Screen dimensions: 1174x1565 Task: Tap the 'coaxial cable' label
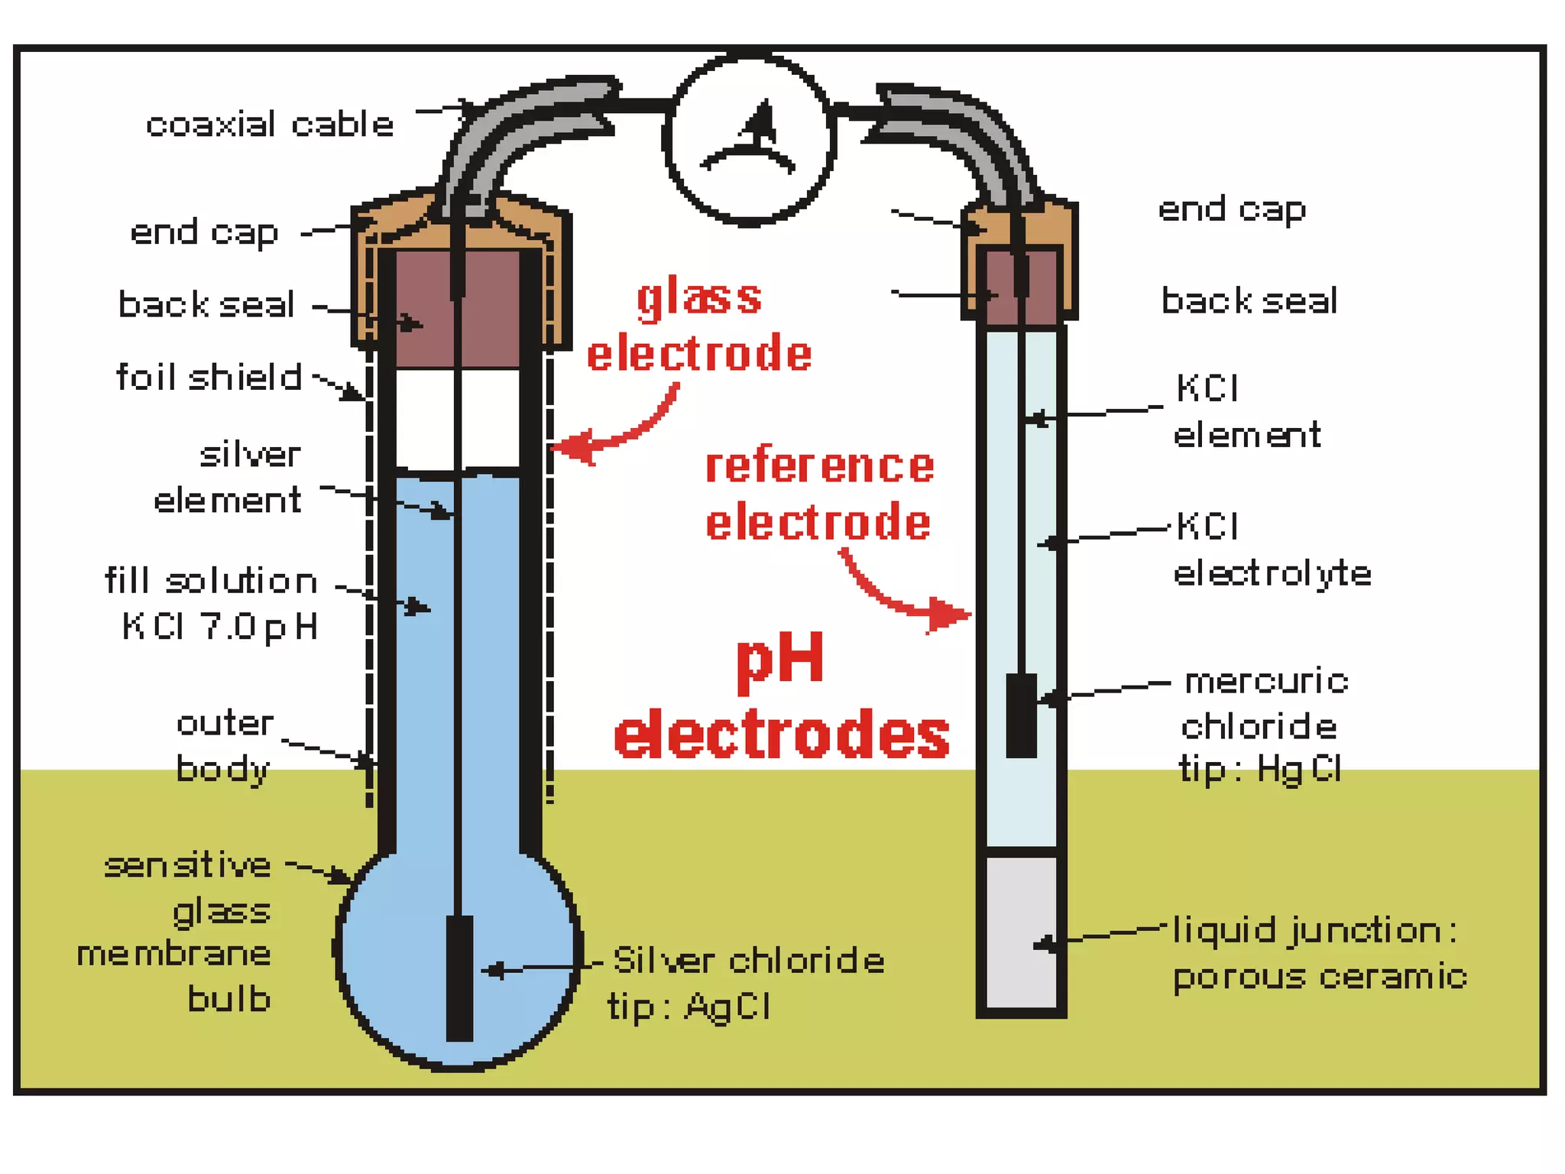pos(270,125)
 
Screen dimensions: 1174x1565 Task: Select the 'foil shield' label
pos(209,378)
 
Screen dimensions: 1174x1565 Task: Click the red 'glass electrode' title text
pos(699,326)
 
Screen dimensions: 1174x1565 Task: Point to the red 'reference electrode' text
pos(818,495)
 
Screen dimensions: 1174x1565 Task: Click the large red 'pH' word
pos(780,659)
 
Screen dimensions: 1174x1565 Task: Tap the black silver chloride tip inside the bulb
pos(459,978)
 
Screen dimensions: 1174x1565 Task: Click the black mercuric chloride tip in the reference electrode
pos(1021,715)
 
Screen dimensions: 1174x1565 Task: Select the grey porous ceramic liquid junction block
pos(1021,932)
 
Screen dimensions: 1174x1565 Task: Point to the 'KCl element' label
pos(1246,412)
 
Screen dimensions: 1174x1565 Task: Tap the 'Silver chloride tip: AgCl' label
pos(746,984)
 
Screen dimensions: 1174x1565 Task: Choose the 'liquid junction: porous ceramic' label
pos(1319,954)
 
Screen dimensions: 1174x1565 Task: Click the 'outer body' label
pos(224,746)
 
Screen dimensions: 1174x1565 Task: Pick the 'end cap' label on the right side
pos(1232,209)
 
